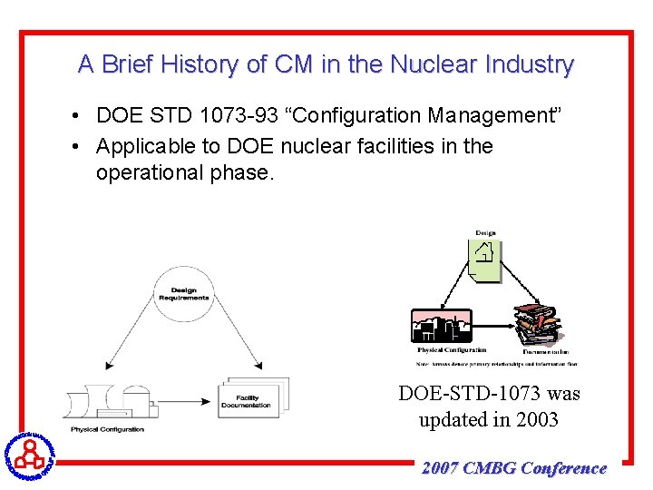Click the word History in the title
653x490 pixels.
[x=202, y=64]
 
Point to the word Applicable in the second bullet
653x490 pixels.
[x=146, y=146]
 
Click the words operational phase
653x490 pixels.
[x=183, y=173]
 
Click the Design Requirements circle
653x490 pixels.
[x=183, y=294]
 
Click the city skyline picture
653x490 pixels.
[x=442, y=328]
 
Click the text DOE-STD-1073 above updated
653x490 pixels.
[x=489, y=394]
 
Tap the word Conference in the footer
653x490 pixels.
[x=563, y=468]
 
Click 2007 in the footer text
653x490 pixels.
[x=440, y=468]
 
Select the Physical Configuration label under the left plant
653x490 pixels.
[x=108, y=429]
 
